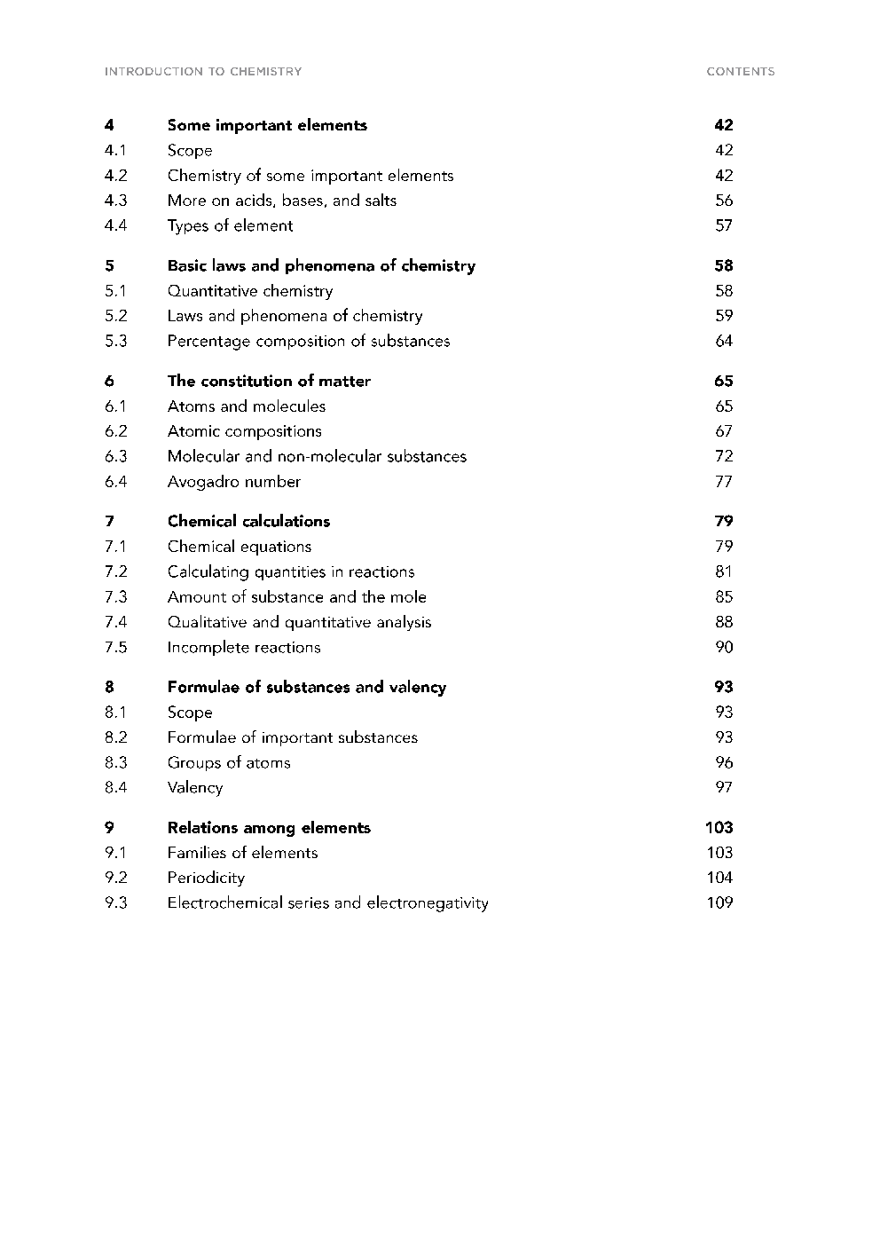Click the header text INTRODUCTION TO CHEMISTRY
[203, 72]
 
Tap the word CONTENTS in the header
[740, 72]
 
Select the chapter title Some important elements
[267, 125]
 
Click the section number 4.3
[115, 201]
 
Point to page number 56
[724, 201]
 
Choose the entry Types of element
[230, 225]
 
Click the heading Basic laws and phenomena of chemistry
[321, 265]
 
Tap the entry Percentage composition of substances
[308, 341]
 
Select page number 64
[724, 341]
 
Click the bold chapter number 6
[109, 381]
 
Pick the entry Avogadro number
[234, 482]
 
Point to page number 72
[724, 456]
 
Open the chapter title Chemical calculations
[248, 521]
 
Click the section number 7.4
[115, 622]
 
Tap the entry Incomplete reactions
[244, 647]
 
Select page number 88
[724, 622]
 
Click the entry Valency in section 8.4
[195, 787]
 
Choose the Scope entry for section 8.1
[190, 712]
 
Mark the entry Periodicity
[206, 878]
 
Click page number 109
[719, 902]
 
